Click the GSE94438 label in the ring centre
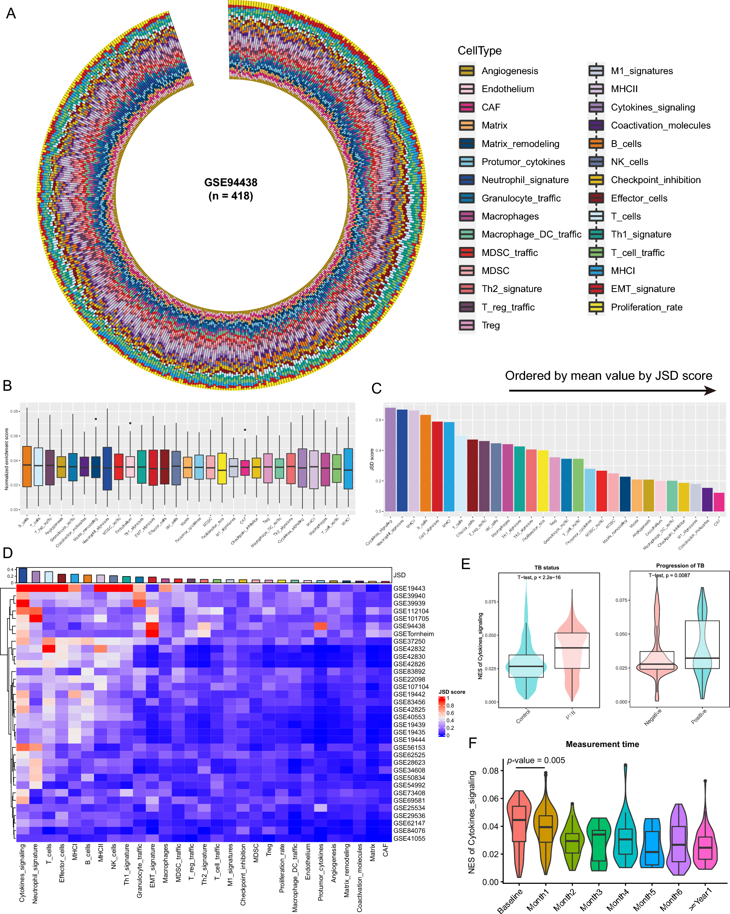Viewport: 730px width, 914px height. tap(231, 183)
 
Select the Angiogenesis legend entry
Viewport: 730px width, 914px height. tap(509, 71)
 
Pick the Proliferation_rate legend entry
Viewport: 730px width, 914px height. tap(646, 307)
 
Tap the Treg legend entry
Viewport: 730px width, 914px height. tap(491, 325)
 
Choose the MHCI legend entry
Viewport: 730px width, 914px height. tap(623, 271)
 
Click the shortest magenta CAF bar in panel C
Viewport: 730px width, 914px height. tap(719, 502)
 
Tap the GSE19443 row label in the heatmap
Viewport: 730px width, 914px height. tap(409, 588)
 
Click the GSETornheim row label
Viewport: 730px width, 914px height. tap(413, 634)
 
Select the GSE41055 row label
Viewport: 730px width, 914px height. tap(409, 838)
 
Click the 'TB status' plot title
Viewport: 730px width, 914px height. tap(547, 568)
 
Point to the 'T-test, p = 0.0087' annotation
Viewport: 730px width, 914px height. tap(669, 575)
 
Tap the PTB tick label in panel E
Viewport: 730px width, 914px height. tap(571, 715)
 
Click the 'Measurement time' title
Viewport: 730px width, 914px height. tap(602, 744)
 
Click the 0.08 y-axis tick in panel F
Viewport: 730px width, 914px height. tap(491, 771)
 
